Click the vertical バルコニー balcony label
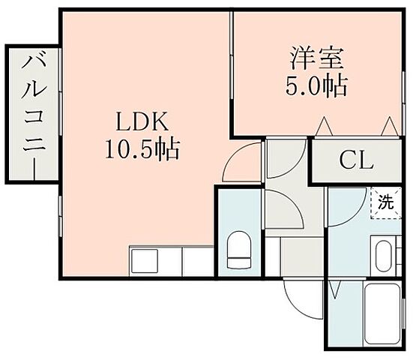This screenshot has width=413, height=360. pyautogui.click(x=31, y=113)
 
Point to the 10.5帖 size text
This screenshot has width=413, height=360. pyautogui.click(x=140, y=149)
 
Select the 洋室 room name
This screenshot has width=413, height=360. pyautogui.click(x=316, y=58)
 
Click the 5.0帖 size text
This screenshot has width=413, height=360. pyautogui.click(x=316, y=85)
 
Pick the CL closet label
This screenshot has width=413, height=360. pyautogui.click(x=355, y=159)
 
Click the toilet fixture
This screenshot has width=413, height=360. pyautogui.click(x=238, y=249)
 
